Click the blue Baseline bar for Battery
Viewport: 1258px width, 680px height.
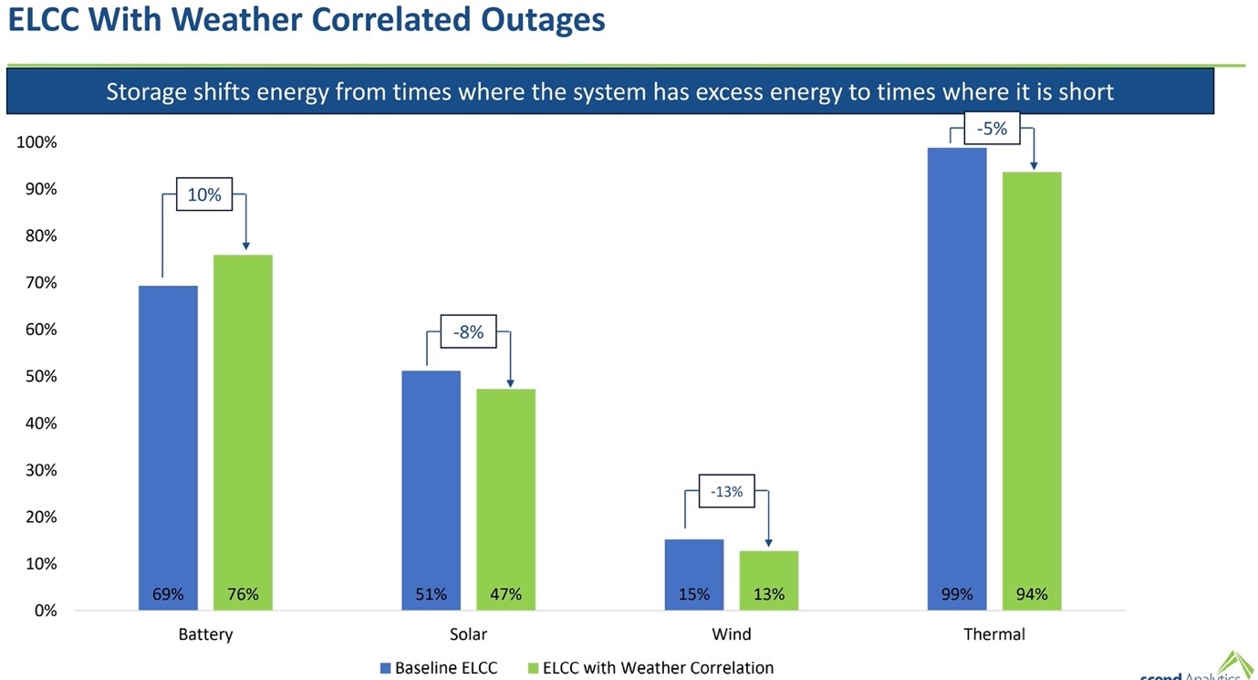(x=168, y=438)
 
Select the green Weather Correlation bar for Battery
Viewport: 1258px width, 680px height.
(x=243, y=420)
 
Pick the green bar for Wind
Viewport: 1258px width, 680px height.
(x=768, y=570)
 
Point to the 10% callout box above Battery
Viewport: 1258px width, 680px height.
(x=204, y=194)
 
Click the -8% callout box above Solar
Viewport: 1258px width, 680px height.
(x=468, y=332)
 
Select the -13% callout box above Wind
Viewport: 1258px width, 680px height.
(x=727, y=492)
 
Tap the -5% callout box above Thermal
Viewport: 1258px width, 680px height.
(x=992, y=130)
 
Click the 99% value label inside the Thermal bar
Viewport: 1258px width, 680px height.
(x=956, y=594)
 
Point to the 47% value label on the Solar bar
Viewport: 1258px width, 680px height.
(x=505, y=594)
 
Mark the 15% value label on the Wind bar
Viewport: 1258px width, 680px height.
(x=693, y=594)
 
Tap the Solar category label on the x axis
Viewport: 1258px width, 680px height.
(x=468, y=634)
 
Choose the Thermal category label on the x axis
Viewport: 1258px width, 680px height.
(x=993, y=634)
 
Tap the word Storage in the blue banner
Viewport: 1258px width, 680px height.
(x=147, y=92)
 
